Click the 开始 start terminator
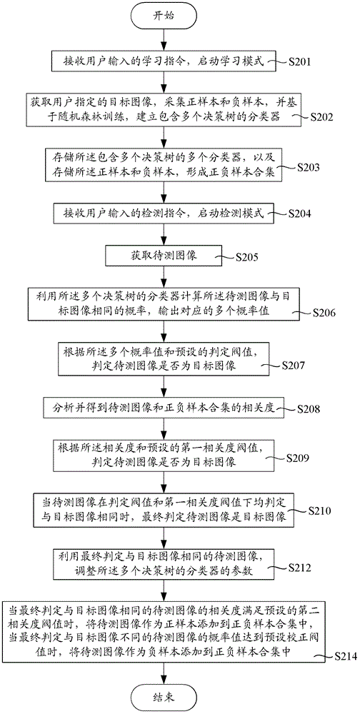[162, 16]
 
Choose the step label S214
[343, 656]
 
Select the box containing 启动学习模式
[163, 60]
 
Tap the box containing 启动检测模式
[163, 212]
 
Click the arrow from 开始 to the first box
[162, 39]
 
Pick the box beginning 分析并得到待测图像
[163, 406]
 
